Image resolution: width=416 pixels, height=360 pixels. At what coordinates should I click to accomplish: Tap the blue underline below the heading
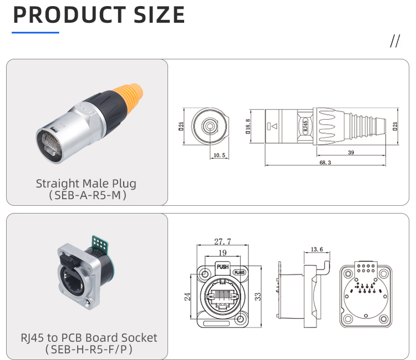pos(35,33)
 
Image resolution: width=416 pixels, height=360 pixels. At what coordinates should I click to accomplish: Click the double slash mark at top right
pos(395,42)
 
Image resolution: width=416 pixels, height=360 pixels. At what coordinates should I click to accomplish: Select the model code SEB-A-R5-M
pos(86,195)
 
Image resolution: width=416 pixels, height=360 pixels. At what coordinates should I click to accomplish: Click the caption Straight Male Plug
pos(86,183)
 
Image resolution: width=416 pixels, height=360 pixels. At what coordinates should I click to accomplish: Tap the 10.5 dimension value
pos(219,156)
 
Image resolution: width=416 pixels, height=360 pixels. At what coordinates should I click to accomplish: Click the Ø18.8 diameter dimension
pos(248,127)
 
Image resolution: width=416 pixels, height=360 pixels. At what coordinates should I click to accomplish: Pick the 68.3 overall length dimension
pos(325,163)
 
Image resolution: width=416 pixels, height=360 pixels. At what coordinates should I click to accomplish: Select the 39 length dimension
pos(351,153)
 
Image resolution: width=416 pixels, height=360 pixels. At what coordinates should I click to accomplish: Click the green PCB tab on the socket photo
pos(101,245)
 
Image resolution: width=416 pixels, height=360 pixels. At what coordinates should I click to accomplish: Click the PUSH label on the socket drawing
pos(222,267)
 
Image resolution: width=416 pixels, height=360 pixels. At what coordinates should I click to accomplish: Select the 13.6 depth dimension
pos(317,249)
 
